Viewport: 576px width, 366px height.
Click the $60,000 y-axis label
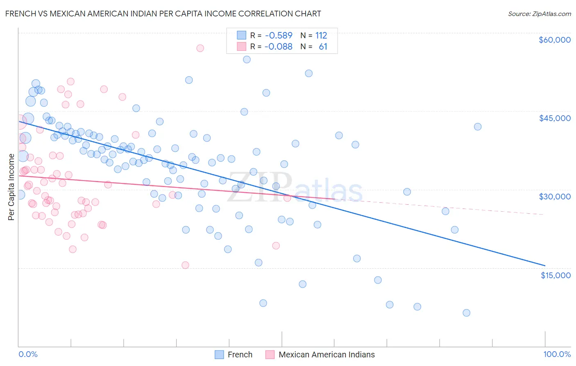[554, 40]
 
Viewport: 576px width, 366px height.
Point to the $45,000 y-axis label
[554, 118]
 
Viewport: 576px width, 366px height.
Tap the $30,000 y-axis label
[554, 197]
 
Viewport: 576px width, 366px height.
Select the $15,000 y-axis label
[556, 275]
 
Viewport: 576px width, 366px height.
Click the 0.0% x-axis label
[28, 354]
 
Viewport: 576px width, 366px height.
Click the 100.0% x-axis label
[557, 354]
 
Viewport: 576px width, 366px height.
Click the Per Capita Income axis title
[11, 187]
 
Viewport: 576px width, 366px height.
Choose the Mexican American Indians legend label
[327, 355]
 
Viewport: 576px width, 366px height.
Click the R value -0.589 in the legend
[278, 35]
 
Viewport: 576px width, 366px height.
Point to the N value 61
[323, 47]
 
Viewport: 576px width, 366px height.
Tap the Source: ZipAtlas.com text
[539, 14]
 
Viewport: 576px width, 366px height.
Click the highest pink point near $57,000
[200, 48]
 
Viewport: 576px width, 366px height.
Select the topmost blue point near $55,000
[247, 59]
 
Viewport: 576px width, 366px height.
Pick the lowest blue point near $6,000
[466, 313]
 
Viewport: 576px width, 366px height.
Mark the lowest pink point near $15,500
[185, 265]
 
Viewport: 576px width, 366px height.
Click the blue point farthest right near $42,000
[478, 127]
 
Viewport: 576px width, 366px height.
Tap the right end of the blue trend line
[545, 265]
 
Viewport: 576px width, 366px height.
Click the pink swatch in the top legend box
[242, 47]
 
